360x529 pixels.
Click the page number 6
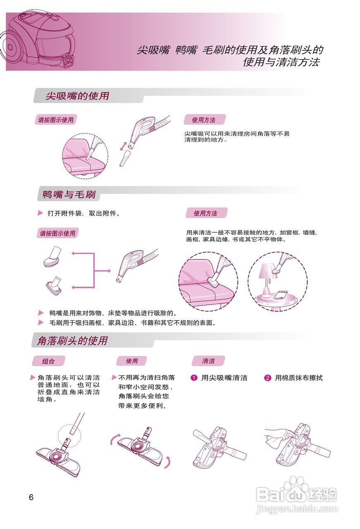coord(31,497)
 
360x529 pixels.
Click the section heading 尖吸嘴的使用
coord(78,96)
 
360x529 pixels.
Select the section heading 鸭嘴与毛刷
coord(69,194)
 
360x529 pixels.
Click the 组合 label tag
coord(48,361)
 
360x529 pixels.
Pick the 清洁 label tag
coord(208,361)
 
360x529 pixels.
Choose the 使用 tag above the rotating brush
coord(132,361)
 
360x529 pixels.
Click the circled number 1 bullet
coord(194,378)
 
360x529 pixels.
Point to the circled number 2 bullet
coord(267,378)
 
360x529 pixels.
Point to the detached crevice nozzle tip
coord(125,159)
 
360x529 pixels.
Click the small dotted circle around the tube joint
coord(69,434)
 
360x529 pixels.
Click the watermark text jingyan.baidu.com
coord(297,509)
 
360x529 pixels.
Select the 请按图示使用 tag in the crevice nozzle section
coord(56,120)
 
